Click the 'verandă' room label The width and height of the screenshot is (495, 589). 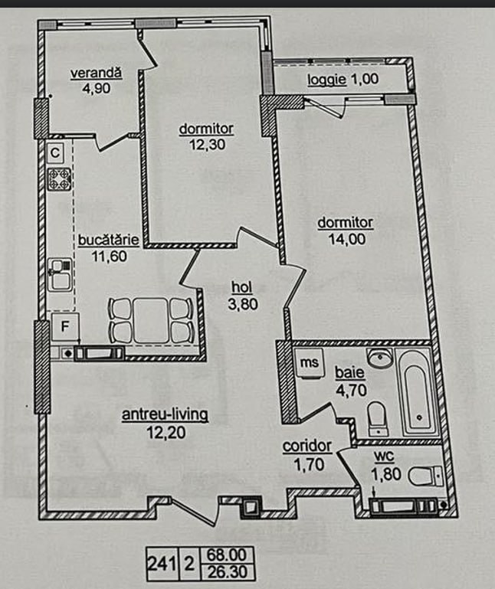pyautogui.click(x=97, y=73)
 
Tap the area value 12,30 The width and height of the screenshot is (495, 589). pyautogui.click(x=207, y=144)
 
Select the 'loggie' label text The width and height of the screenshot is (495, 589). pyautogui.click(x=326, y=79)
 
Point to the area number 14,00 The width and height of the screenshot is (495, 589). pyautogui.click(x=346, y=239)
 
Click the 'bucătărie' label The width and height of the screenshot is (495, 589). pyautogui.click(x=109, y=240)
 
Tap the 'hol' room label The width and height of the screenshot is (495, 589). pyautogui.click(x=241, y=287)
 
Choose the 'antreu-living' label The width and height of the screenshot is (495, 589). pyautogui.click(x=165, y=414)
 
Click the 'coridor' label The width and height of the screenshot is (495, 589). pyautogui.click(x=307, y=446)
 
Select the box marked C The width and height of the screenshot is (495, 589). pyautogui.click(x=55, y=153)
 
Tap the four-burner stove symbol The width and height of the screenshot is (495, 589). pyautogui.click(x=60, y=178)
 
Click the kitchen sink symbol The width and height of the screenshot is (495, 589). pyautogui.click(x=60, y=275)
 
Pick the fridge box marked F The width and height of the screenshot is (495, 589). pyautogui.click(x=65, y=326)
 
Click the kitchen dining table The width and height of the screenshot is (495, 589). pyautogui.click(x=151, y=320)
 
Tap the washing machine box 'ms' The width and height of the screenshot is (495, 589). pyautogui.click(x=310, y=362)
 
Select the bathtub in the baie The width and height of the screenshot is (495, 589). pyautogui.click(x=416, y=392)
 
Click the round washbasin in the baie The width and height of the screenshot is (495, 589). pyautogui.click(x=380, y=358)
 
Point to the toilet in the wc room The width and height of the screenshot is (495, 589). pyautogui.click(x=425, y=476)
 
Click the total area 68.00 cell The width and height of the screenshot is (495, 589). pyautogui.click(x=227, y=555)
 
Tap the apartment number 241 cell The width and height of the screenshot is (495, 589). pyautogui.click(x=162, y=564)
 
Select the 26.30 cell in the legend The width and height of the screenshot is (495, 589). pyautogui.click(x=228, y=572)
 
